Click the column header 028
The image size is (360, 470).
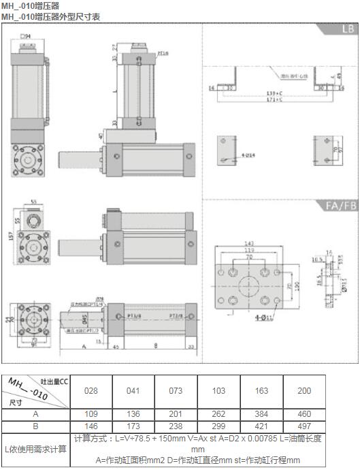click(91, 391)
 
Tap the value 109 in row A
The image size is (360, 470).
click(91, 414)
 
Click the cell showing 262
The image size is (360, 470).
click(218, 414)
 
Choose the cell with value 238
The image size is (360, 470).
click(176, 426)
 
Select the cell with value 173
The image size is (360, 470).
click(133, 426)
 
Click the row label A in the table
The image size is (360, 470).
click(35, 414)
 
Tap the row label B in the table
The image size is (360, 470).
click(35, 426)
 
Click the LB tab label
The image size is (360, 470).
click(346, 31)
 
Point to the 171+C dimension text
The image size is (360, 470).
click(275, 99)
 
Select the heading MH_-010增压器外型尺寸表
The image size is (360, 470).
click(50, 15)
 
